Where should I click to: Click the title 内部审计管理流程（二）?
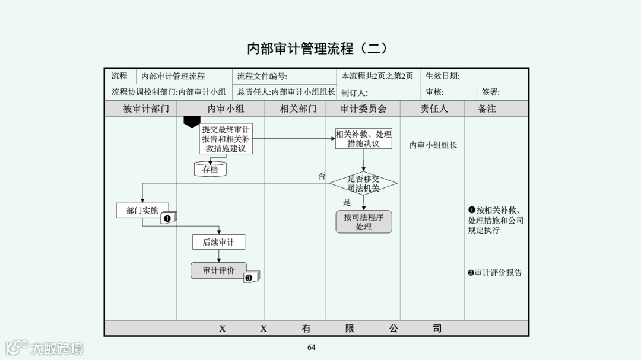317,48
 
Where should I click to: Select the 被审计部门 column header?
146,109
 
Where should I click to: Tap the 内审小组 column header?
226,109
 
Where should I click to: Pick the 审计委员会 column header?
363,109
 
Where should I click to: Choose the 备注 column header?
487,109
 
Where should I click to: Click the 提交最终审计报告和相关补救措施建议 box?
226,139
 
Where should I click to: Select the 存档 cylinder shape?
210,169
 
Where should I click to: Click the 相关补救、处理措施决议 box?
363,139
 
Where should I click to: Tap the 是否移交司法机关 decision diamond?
363,183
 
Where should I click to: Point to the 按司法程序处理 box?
363,222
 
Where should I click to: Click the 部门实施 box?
142,211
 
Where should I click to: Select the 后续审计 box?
218,242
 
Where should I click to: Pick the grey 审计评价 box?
218,270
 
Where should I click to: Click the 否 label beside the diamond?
322,176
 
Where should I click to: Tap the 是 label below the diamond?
347,202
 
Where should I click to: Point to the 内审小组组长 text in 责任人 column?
433,145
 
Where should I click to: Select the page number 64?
312,347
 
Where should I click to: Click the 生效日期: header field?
442,76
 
